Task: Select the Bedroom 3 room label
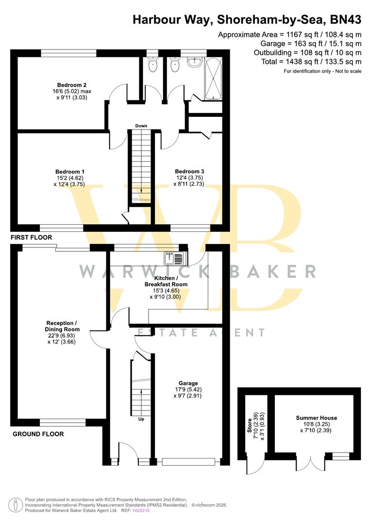[x=189, y=172]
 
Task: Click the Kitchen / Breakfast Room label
[x=166, y=281]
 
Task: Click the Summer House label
[x=317, y=418]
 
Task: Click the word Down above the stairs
[x=141, y=126]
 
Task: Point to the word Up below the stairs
[x=141, y=419]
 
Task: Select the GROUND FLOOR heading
[x=38, y=434]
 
